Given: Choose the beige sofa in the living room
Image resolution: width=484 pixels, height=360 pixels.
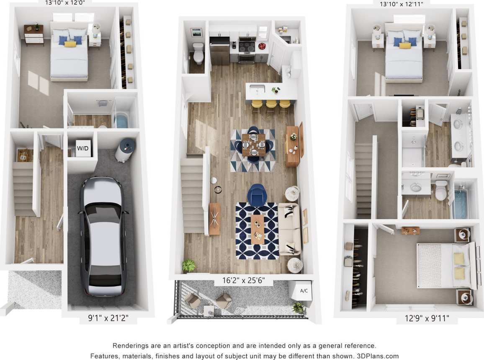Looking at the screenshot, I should (x=290, y=228).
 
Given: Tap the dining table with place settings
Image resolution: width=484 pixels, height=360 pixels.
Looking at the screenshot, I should (x=253, y=144).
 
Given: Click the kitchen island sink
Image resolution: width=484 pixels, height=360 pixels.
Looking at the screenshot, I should (x=257, y=89).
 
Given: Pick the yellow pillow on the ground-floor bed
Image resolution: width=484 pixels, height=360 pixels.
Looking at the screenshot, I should (x=70, y=44).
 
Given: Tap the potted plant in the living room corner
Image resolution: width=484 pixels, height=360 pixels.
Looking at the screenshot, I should (x=188, y=265).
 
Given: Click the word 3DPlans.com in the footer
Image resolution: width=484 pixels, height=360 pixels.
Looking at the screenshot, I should (x=378, y=356).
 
